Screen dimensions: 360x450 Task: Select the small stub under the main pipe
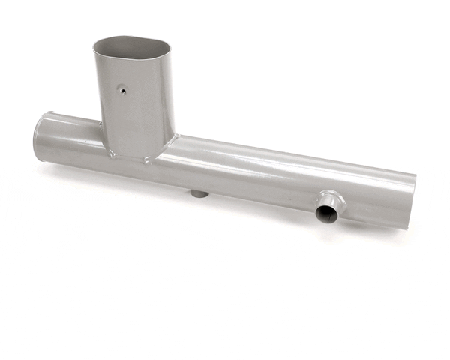pyautogui.click(x=199, y=193)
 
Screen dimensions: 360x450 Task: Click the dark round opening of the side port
pyautogui.click(x=327, y=214)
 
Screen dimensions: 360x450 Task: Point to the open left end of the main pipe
pyautogui.click(x=39, y=135)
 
